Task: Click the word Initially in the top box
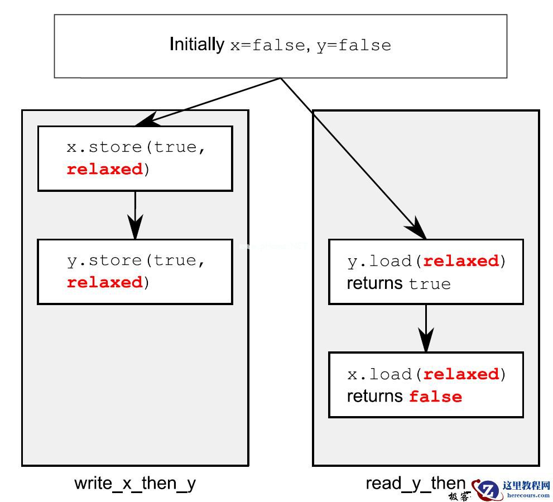196,44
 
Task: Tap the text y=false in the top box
354,45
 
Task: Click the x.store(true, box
135,158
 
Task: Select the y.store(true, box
135,272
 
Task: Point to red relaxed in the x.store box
104,170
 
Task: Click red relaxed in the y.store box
104,283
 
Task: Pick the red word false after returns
435,397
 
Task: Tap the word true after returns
429,284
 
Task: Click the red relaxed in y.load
461,261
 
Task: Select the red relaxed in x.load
461,374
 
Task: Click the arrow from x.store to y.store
135,215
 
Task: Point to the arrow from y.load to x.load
426,328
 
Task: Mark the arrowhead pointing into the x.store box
142,120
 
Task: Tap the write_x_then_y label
135,483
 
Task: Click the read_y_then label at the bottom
415,483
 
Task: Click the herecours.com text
527,495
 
